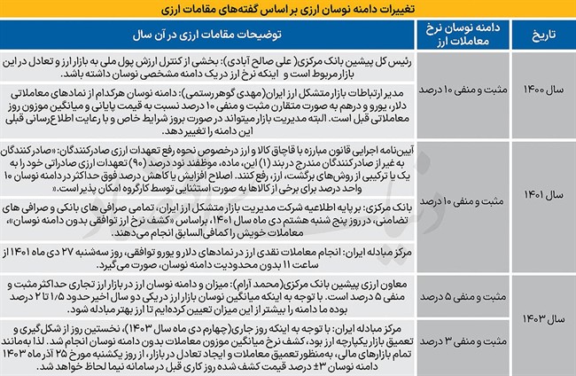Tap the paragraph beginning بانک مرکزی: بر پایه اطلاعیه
tap(211, 220)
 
